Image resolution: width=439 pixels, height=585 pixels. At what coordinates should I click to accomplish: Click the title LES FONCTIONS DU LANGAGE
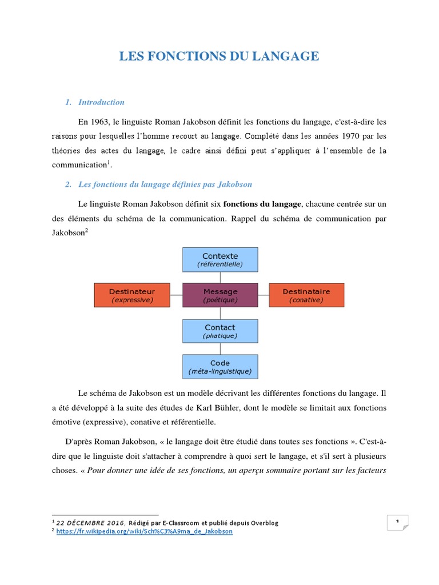click(219, 56)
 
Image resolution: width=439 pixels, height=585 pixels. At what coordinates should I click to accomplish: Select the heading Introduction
click(101, 102)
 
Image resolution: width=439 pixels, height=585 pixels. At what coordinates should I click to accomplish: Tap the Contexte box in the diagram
click(220, 259)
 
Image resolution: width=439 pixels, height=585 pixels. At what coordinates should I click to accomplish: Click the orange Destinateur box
click(132, 295)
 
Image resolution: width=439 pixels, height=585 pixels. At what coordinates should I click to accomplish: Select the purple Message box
click(220, 295)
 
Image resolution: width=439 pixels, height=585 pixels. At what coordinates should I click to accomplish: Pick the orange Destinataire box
click(306, 295)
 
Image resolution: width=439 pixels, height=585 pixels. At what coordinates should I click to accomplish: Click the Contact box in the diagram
click(220, 331)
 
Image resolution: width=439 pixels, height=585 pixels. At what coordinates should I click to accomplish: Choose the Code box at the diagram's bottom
click(220, 367)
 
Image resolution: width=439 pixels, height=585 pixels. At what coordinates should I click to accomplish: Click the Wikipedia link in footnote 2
click(145, 531)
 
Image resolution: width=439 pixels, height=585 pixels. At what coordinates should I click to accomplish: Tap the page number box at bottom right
click(397, 522)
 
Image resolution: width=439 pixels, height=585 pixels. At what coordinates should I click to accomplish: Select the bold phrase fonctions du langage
click(261, 204)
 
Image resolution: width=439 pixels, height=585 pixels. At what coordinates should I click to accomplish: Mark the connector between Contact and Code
click(220, 348)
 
